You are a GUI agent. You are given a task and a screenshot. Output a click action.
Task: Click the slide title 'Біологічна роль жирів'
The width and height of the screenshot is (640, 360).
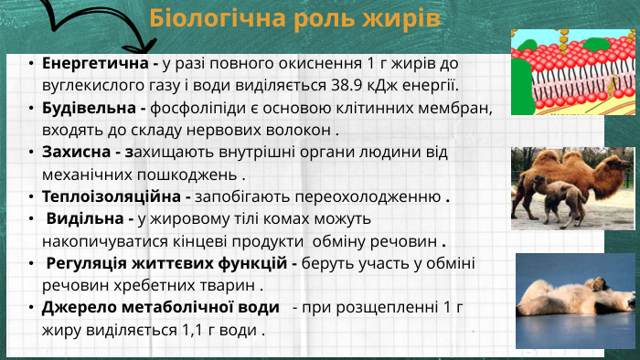[295, 18]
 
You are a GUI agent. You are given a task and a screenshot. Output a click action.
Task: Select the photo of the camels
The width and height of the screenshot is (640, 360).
[572, 186]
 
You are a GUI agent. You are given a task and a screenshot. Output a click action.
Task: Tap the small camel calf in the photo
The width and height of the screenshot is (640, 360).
[564, 200]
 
